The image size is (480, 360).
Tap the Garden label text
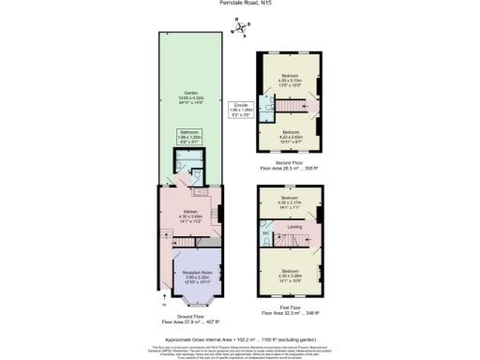point(190,97)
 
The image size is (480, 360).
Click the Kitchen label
point(190,217)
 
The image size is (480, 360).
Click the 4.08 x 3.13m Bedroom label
point(290,80)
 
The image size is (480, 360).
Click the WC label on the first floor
point(266,233)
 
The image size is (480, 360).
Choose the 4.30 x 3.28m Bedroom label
point(290,278)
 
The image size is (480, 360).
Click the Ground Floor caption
point(190,319)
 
